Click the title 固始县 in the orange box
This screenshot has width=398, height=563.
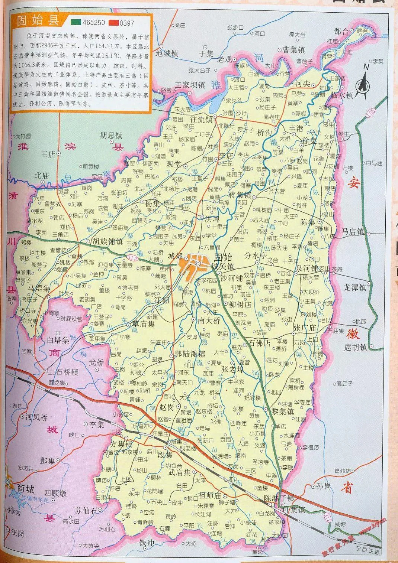point(39,21)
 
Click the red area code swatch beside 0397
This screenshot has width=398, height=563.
point(113,23)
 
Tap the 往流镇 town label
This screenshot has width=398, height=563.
point(200,120)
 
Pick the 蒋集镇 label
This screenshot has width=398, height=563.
point(240,195)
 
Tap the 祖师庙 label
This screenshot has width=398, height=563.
point(210,495)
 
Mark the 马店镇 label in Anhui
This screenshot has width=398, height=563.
point(353,232)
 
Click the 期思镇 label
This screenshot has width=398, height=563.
point(111,136)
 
